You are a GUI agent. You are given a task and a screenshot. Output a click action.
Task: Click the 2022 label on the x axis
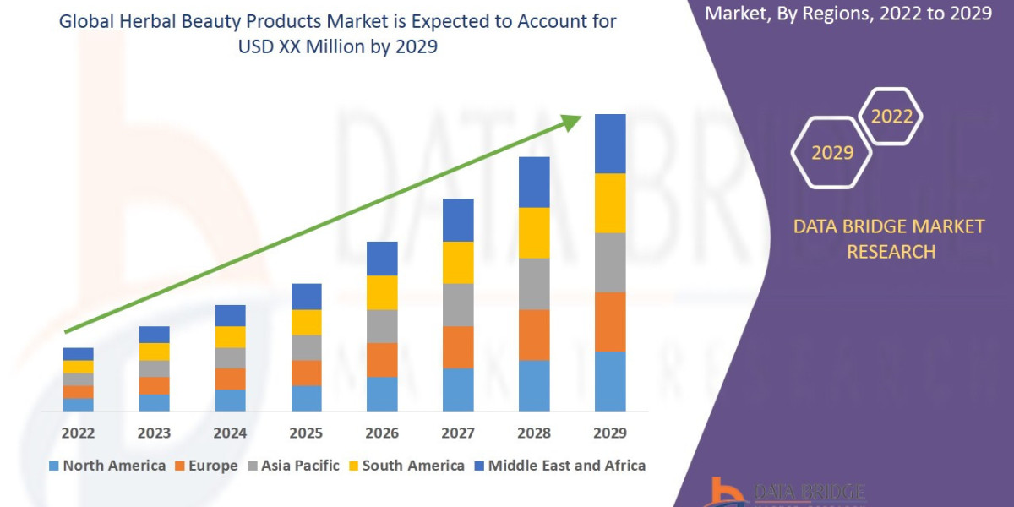[x=78, y=433]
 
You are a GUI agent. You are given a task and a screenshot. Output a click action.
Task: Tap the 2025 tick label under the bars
[x=306, y=433]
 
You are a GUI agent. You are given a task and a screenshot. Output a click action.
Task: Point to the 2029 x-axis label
[x=610, y=433]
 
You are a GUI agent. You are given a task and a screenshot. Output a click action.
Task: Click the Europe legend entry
[x=206, y=466]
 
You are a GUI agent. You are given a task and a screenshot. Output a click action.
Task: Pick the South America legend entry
[x=406, y=466]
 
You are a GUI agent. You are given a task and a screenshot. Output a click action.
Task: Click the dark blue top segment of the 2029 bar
[x=610, y=144]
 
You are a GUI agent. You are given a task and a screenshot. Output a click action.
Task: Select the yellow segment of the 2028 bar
[x=534, y=232]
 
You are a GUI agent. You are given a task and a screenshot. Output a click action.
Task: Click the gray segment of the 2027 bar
[x=458, y=304]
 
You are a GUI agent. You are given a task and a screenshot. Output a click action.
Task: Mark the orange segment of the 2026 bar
[x=382, y=360]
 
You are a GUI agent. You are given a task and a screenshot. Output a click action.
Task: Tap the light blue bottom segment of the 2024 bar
[x=230, y=401]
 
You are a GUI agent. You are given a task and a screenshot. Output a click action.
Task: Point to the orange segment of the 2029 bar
[x=610, y=322]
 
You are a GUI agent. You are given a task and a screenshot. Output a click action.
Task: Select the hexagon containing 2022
[x=891, y=117]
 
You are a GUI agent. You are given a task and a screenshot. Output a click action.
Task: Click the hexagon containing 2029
[x=831, y=153]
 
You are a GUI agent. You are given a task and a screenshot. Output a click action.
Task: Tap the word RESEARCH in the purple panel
[x=891, y=252]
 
